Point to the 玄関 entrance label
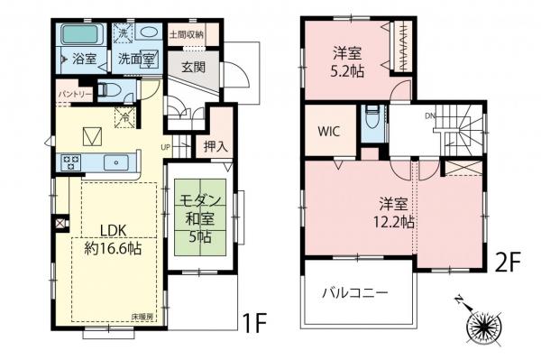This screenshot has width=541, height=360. [190, 67]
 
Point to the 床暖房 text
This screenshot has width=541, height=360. [142, 318]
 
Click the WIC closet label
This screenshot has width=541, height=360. [329, 130]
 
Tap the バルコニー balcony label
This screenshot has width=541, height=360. [355, 293]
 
